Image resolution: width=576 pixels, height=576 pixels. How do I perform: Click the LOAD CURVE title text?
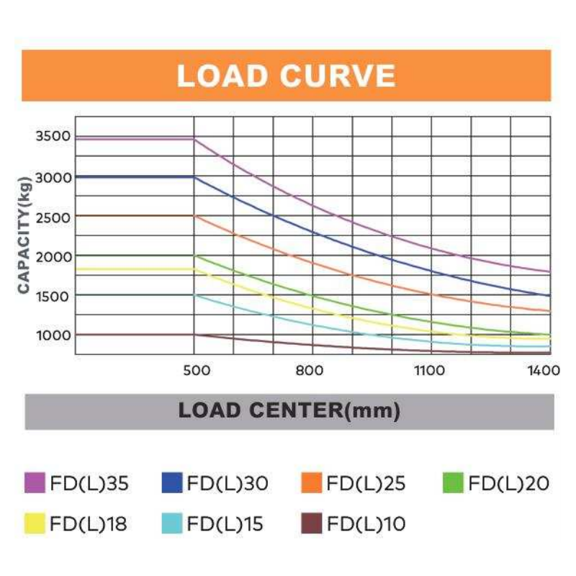(286, 76)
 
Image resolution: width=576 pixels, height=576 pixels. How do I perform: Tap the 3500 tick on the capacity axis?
(53, 136)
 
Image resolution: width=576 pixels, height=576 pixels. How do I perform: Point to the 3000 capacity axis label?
(53, 178)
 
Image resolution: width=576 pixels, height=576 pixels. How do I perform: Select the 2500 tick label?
(53, 217)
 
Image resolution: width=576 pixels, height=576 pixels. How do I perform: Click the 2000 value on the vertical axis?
(53, 257)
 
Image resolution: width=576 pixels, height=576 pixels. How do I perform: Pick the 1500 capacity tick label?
(53, 297)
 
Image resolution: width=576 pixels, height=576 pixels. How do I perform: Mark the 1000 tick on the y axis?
(53, 336)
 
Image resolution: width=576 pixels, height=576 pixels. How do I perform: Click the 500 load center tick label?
(197, 370)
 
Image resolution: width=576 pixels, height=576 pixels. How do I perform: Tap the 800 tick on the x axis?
(310, 370)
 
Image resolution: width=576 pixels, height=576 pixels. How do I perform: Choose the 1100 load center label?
(429, 370)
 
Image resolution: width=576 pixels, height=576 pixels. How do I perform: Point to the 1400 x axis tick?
(544, 370)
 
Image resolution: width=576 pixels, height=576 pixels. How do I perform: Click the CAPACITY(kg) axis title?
(24, 235)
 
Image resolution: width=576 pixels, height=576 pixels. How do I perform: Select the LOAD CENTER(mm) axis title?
(289, 410)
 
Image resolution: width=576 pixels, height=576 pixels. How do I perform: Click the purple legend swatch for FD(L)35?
(35, 482)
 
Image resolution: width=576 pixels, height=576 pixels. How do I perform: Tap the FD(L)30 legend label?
(228, 483)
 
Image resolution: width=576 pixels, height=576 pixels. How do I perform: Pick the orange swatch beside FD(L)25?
(312, 482)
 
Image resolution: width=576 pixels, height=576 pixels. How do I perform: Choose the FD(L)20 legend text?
(509, 483)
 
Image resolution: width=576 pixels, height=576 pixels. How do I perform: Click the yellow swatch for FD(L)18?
(35, 523)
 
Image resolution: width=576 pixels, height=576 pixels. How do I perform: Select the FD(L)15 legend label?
(225, 523)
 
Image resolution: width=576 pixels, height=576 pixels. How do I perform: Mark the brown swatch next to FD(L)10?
(312, 523)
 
